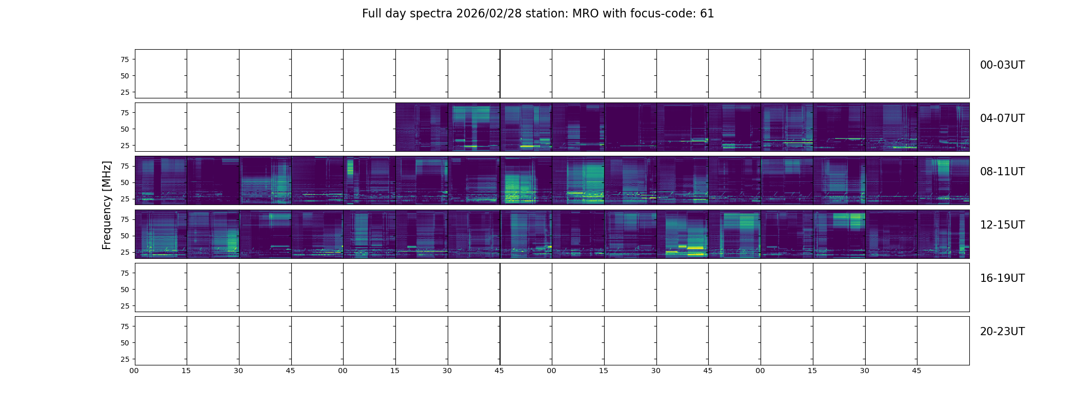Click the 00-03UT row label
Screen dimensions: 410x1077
[x=1002, y=65]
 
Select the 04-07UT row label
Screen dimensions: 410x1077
[x=1002, y=118]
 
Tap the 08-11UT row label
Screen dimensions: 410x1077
[x=1002, y=172]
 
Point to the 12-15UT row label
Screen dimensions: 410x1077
[x=1002, y=225]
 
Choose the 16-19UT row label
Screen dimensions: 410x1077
[x=1002, y=278]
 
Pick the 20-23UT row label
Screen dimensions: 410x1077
[x=1002, y=332]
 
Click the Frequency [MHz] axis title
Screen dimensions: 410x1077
[x=107, y=205]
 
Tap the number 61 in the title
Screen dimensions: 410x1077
[x=707, y=14]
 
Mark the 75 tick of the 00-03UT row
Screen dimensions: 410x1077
[x=125, y=59]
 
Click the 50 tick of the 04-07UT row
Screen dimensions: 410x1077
[x=125, y=129]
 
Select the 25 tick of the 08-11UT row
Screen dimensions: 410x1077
[x=125, y=199]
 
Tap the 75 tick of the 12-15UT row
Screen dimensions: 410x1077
[x=125, y=219]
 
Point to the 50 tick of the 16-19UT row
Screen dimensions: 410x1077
[x=125, y=290]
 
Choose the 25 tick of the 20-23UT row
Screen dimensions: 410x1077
[x=125, y=359]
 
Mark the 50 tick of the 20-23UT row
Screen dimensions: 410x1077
[x=125, y=343]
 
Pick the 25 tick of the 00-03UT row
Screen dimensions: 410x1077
[x=125, y=92]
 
